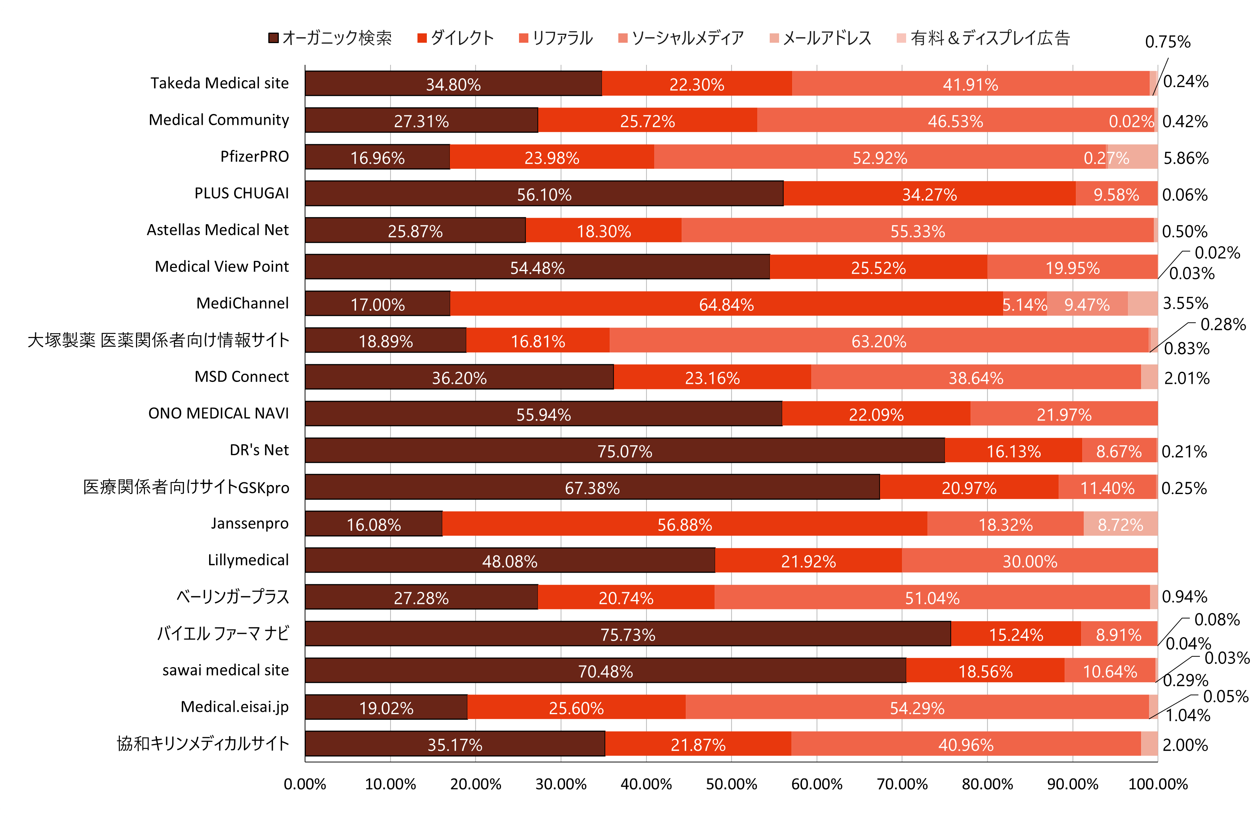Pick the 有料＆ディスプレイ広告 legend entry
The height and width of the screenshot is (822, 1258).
(x=983, y=38)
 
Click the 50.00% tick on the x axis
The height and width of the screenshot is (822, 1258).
(x=731, y=783)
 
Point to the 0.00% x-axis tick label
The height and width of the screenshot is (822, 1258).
(x=305, y=783)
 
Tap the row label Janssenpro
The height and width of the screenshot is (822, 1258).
(x=250, y=523)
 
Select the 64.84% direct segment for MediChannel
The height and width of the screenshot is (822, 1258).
(x=726, y=304)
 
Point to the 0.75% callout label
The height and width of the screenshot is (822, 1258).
(x=1168, y=42)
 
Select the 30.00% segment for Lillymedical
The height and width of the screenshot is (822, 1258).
(x=1030, y=560)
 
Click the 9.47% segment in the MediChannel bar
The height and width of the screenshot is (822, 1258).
(x=1087, y=304)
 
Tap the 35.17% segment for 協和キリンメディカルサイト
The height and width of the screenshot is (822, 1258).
(x=455, y=744)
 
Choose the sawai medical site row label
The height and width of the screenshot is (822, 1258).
(x=225, y=670)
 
